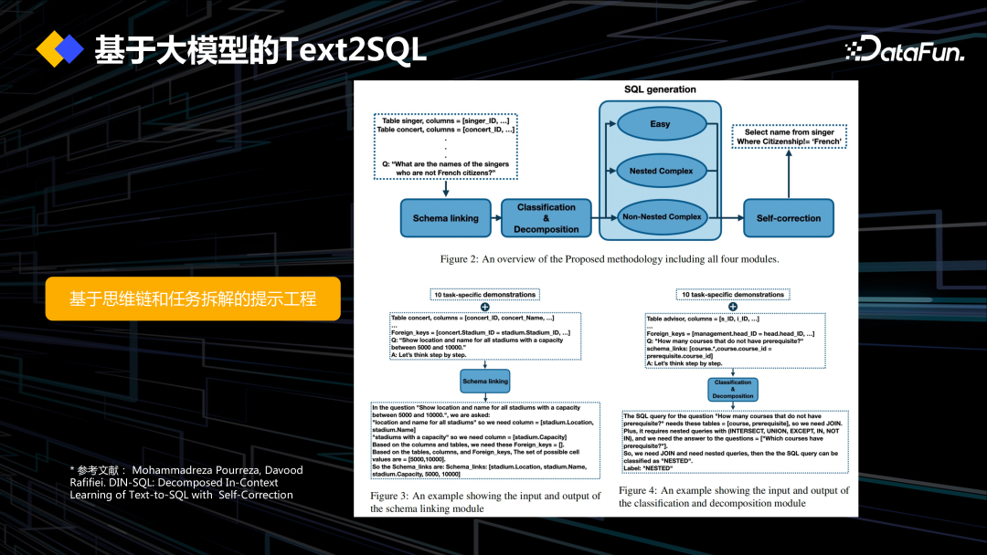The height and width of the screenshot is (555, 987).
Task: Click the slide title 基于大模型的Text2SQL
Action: coord(260,50)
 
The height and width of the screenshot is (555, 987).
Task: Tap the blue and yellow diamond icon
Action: coord(59,49)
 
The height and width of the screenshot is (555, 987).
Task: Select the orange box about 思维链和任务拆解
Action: coord(193,298)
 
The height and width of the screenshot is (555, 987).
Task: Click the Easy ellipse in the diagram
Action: coord(660,124)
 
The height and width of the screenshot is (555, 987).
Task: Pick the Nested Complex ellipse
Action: coord(661,171)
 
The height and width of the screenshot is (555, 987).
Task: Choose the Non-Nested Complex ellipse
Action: coord(661,217)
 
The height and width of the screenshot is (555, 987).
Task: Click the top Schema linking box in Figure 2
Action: coord(444,218)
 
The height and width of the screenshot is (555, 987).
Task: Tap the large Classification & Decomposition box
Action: coord(547,218)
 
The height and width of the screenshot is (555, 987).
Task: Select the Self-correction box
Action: coord(789,218)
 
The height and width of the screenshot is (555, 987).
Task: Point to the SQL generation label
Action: coord(660,89)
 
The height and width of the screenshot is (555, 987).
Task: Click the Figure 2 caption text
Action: coord(609,259)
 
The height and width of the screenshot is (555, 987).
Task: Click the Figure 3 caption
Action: coord(485,502)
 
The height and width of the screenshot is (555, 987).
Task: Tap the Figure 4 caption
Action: coord(733,497)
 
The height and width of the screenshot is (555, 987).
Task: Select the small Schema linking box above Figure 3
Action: coord(485,381)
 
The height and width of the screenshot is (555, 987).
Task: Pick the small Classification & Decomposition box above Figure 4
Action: coord(733,389)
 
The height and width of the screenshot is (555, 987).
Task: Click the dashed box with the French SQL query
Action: coord(790,137)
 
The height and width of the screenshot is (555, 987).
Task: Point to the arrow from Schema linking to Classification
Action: coord(494,218)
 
